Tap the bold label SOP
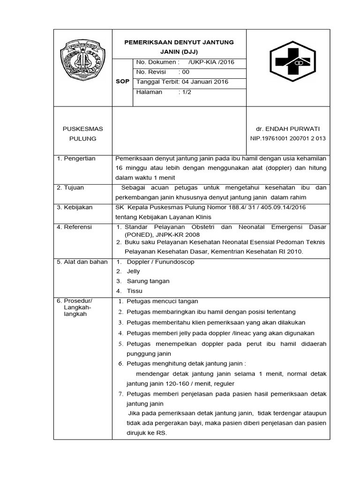click(122, 82)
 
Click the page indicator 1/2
click(185, 92)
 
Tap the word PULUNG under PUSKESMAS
click(82, 139)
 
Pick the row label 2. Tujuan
click(70, 187)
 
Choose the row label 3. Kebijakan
click(75, 207)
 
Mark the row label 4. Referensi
click(75, 227)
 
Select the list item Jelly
click(134, 271)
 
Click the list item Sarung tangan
click(148, 281)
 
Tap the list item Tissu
click(135, 291)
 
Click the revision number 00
click(185, 72)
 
